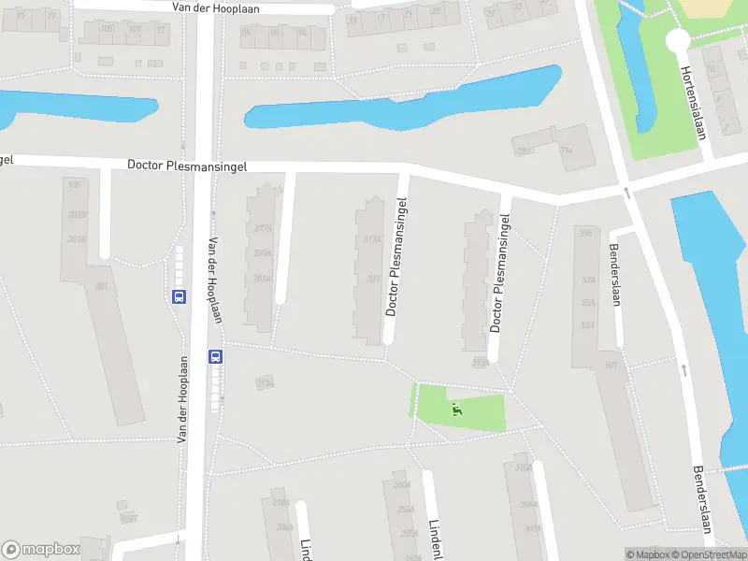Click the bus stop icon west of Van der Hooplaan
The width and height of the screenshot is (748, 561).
click(179, 296)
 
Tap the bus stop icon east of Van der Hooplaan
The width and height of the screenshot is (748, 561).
click(215, 356)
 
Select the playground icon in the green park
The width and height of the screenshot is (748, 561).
click(456, 408)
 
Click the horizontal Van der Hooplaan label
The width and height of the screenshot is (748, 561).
click(216, 7)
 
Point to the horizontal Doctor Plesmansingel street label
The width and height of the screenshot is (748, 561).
click(187, 165)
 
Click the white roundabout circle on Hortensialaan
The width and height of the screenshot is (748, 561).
click(677, 40)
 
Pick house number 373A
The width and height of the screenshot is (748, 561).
click(265, 383)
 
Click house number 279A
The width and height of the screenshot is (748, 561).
click(263, 252)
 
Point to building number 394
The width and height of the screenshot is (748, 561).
click(566, 150)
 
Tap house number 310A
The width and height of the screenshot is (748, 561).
click(523, 467)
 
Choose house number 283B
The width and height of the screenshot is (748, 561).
click(77, 215)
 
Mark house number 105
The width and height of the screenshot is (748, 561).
click(75, 185)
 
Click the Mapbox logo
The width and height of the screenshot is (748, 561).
click(41, 550)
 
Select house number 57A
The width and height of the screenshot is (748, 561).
click(588, 280)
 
